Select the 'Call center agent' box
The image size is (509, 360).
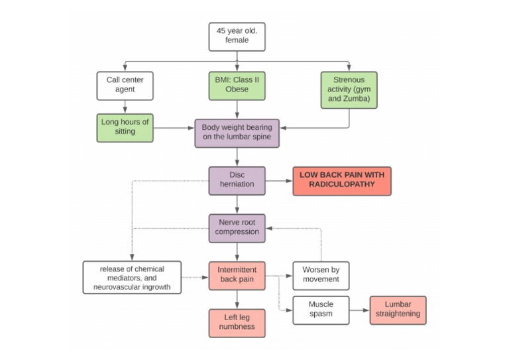coord(125,84)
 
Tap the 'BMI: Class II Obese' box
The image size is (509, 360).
coord(237,84)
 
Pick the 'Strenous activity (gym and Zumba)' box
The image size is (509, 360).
coord(348,90)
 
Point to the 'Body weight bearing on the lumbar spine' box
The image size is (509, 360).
coord(237,133)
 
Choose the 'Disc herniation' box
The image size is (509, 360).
coord(237,180)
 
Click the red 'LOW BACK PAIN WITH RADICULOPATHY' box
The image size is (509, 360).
coord(341,180)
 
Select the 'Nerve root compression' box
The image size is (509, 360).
coord(237,227)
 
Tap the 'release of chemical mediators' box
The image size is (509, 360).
coord(132,276)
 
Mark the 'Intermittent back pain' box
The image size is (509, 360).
coord(237,276)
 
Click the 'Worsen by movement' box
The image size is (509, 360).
coord(321,274)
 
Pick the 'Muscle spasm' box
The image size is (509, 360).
coord(321,310)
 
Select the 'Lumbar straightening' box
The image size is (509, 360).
coord(398,310)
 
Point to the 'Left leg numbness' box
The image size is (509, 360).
coord(237,322)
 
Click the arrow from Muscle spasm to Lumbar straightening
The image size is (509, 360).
coord(359,310)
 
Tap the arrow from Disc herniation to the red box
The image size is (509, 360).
coord(278,180)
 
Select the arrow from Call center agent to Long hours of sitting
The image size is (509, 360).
coord(125,105)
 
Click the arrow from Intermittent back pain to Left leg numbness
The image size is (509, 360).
coord(237,300)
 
